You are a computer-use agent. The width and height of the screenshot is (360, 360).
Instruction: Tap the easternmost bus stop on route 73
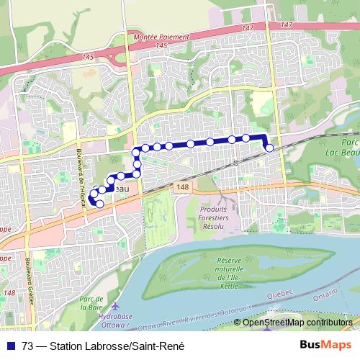pyautogui.click(x=269, y=148)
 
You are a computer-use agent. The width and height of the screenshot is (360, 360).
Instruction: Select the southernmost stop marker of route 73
pyautogui.click(x=99, y=204)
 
